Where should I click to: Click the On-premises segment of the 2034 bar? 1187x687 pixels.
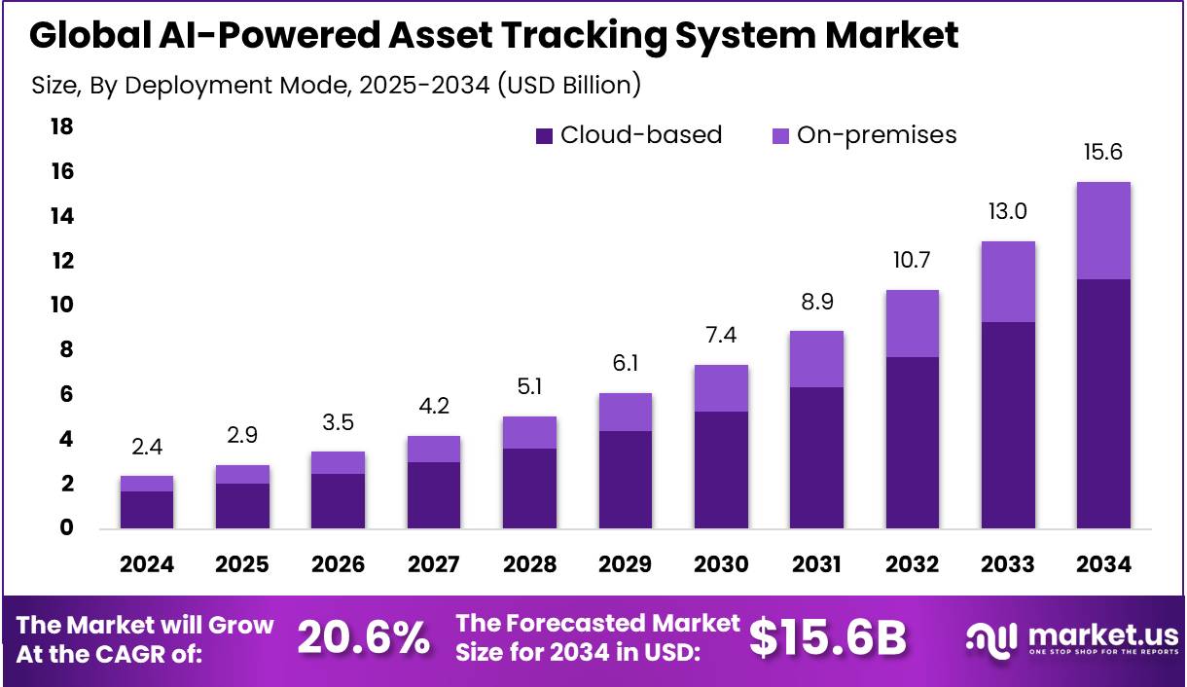pos(1103,231)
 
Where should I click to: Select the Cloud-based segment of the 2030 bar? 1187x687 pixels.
pos(721,470)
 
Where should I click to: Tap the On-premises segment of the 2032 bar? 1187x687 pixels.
pos(912,323)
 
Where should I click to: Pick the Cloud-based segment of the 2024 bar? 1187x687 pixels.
pos(147,510)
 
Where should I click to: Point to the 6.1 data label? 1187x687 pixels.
pos(626,364)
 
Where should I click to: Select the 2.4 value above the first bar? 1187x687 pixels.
pos(147,447)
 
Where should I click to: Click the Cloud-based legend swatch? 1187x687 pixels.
pos(544,136)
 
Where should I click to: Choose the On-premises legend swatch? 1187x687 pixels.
pos(780,136)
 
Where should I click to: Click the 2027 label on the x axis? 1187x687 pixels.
pos(434,564)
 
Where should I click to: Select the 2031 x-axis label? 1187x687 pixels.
pos(816,564)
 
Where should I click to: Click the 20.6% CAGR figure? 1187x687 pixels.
pos(363,638)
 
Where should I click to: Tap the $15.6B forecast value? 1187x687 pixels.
pos(827,638)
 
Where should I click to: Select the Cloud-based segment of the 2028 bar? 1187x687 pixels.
pos(529,488)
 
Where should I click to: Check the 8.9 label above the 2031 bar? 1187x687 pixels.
pos(816,302)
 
